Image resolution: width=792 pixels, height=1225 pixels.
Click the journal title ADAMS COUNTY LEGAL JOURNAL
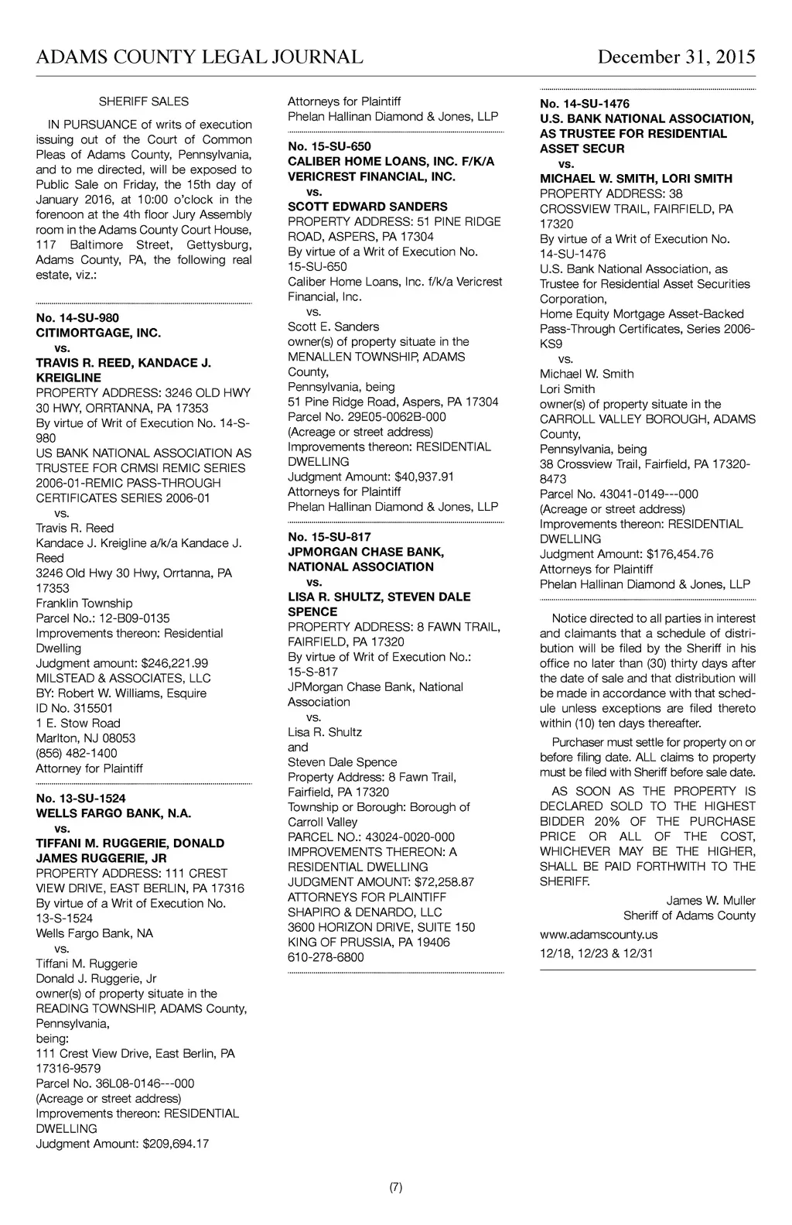(200, 57)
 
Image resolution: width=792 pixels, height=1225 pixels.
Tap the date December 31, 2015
(676, 57)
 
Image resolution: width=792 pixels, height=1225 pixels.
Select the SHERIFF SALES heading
(144, 101)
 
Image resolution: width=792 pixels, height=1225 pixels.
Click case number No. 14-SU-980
(77, 318)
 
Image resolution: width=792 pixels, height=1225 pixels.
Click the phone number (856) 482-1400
(77, 753)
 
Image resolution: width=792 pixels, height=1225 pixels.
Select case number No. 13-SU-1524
(80, 798)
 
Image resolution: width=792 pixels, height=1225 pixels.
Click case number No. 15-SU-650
(329, 146)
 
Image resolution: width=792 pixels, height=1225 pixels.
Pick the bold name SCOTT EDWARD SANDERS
(367, 207)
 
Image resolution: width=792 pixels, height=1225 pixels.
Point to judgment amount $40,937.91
(424, 477)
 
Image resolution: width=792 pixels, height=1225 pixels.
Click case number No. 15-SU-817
(329, 537)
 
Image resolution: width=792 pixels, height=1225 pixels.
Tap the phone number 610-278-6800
(326, 956)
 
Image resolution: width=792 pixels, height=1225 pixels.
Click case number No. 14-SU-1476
(585, 104)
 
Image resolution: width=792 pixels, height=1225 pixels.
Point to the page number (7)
(395, 1187)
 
